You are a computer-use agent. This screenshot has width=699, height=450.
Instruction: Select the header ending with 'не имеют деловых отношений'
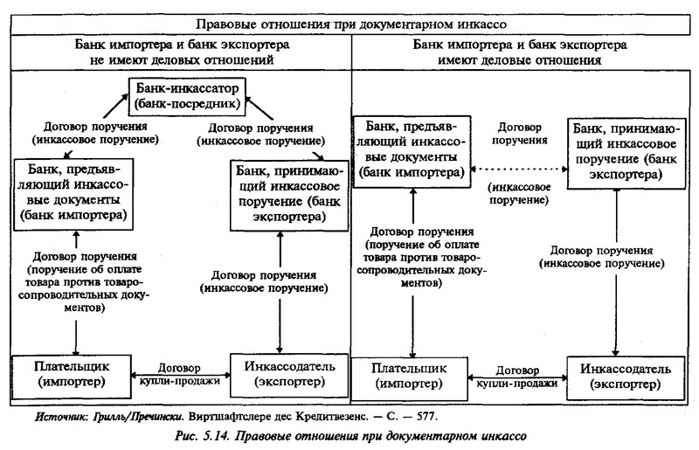(182, 52)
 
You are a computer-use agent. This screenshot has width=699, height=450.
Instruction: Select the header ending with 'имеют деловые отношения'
(519, 52)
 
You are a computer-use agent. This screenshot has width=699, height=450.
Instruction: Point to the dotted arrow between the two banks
(519, 170)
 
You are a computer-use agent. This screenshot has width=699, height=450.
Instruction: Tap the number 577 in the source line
(427, 417)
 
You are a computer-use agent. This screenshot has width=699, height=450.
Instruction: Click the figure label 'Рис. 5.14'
(202, 436)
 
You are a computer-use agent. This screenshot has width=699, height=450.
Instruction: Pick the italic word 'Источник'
(62, 417)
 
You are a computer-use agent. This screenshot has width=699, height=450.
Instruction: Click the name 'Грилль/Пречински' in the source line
(138, 417)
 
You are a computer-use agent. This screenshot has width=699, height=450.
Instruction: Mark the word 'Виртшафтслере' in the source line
(230, 417)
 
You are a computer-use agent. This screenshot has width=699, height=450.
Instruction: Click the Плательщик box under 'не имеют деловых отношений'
(72, 377)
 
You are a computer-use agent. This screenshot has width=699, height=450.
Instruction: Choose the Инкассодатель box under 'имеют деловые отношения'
(626, 378)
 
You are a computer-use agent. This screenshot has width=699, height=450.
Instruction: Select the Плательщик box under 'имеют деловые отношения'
(410, 378)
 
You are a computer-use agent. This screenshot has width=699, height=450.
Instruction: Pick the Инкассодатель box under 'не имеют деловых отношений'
(289, 376)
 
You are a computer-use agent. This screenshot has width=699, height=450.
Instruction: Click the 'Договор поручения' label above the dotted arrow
(519, 134)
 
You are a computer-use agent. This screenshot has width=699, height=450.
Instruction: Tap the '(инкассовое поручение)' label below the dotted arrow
(519, 194)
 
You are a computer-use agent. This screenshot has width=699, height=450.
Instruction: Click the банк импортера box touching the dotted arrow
(412, 152)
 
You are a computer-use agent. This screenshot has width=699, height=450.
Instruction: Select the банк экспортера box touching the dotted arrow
(626, 154)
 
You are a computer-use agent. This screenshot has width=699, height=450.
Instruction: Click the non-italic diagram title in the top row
(351, 24)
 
